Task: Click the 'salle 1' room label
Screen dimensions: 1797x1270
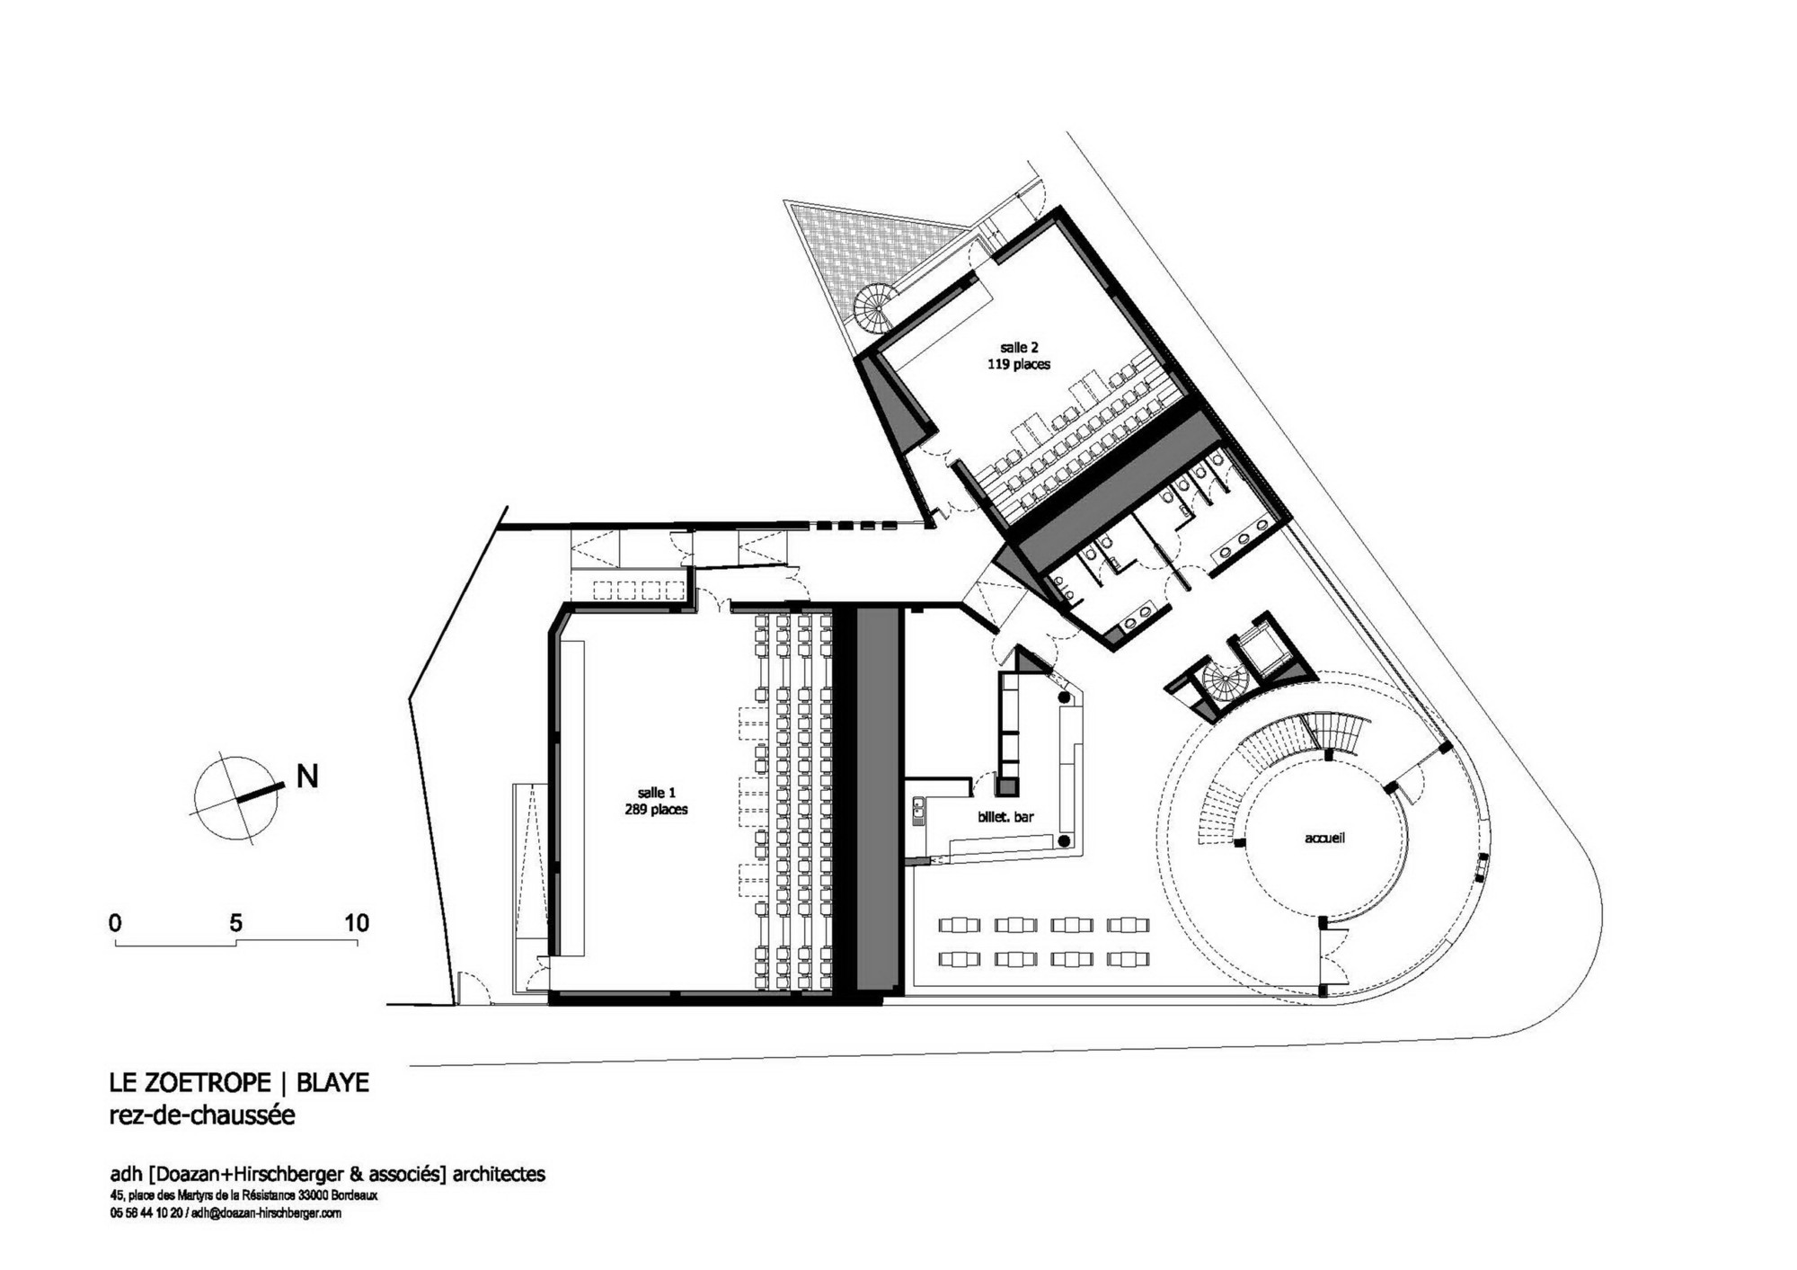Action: pos(656,793)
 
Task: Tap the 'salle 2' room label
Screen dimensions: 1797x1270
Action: pos(1019,347)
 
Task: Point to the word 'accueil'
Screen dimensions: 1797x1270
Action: pos(1324,838)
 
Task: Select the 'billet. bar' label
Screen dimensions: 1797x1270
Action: pos(1005,817)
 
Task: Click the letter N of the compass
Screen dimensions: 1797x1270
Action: pos(307,777)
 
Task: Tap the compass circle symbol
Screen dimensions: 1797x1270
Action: pos(235,798)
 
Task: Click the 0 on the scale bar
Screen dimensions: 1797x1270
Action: pos(115,923)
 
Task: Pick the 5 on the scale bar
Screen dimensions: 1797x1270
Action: pos(235,923)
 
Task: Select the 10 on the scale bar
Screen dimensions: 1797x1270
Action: pos(357,923)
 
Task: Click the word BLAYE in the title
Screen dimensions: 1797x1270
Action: pos(332,1082)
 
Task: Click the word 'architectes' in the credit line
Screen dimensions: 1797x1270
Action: pos(499,1174)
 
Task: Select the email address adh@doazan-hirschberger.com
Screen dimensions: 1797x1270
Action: pos(266,1212)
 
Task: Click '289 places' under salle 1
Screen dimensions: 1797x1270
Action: pos(656,809)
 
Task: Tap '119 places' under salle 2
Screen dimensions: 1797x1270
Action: pos(1019,364)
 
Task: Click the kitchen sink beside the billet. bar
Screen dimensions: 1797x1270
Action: pos(918,811)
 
